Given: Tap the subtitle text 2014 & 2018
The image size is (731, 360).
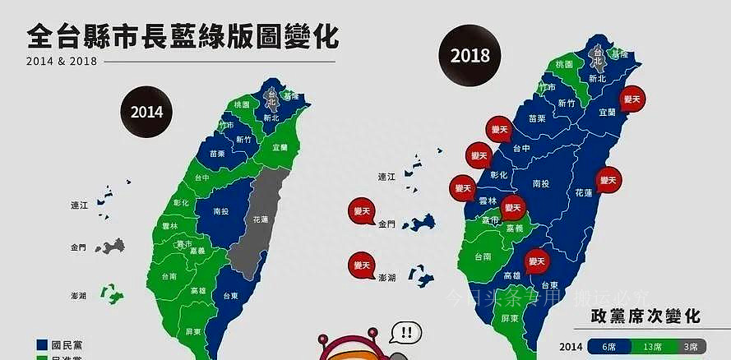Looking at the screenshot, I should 61,62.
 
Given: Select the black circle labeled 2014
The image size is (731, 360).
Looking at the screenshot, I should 146,112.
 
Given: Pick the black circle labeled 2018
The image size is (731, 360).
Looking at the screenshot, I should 470,56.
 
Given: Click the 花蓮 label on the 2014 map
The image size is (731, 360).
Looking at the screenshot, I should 260,219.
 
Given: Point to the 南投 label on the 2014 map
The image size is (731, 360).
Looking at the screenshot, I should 220,212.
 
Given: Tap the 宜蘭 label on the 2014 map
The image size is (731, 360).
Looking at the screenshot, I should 280,148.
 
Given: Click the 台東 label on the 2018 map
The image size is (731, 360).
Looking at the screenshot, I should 563,286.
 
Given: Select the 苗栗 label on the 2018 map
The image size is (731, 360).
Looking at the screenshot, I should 536,118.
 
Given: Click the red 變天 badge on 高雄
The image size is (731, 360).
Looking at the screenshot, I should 537,261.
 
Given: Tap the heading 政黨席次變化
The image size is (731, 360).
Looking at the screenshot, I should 645,317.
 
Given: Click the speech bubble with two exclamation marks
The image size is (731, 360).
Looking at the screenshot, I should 405,332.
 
